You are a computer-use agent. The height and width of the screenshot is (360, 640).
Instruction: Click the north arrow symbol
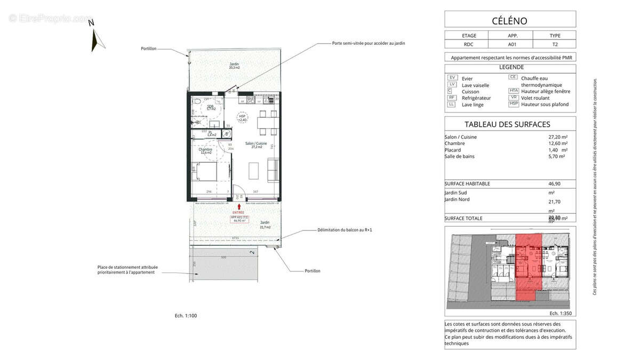(x=95, y=39)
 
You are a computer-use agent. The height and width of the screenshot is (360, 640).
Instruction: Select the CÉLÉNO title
(x=510, y=21)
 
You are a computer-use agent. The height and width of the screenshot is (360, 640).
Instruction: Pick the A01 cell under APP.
(x=512, y=45)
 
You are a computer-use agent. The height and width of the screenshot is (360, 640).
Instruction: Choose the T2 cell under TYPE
(x=555, y=45)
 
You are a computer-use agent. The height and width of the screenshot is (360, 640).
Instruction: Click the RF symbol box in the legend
(x=452, y=98)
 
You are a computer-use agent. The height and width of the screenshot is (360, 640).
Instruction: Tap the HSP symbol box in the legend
(x=514, y=104)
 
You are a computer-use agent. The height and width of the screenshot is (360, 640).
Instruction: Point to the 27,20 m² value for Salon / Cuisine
(x=557, y=137)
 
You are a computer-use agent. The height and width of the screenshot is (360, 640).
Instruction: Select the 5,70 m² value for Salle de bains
(x=557, y=156)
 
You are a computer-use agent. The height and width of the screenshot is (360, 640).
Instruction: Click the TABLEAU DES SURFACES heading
(x=507, y=124)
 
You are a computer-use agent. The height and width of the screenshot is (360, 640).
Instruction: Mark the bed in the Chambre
(x=205, y=172)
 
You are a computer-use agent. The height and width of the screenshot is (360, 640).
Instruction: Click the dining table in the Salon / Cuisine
(x=267, y=123)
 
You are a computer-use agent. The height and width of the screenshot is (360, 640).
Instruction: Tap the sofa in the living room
(x=273, y=170)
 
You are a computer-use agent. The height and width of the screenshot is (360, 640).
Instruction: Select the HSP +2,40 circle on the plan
(x=243, y=118)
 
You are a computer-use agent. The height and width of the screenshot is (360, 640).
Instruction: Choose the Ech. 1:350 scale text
(x=561, y=314)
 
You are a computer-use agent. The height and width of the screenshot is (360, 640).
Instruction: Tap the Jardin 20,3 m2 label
(x=235, y=66)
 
